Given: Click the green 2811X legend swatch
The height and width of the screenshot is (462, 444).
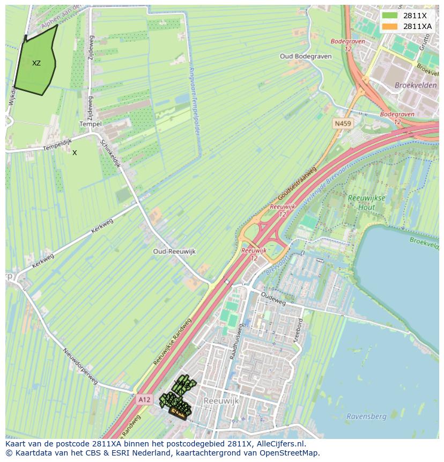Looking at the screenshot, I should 390,16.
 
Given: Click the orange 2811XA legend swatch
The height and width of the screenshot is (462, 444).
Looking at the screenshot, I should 390,26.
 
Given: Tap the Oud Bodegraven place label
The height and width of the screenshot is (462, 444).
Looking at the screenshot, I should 306,56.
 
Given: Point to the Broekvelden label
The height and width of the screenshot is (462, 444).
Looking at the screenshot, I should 416,85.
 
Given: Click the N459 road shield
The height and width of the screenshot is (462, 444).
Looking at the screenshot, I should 343,124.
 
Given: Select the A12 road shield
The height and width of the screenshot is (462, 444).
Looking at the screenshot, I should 144,399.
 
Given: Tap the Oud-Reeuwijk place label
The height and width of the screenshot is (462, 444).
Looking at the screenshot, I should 174,252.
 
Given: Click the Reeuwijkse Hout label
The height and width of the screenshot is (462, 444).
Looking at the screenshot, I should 366,202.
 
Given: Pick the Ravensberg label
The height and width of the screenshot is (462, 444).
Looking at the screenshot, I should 367,416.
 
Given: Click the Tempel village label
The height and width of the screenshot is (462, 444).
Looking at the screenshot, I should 90,124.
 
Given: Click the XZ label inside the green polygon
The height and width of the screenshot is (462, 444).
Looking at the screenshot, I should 36,63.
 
